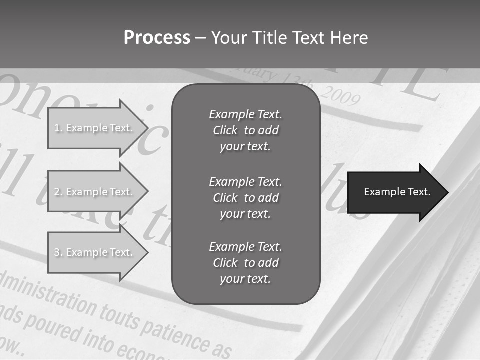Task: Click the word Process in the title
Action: pyautogui.click(x=157, y=38)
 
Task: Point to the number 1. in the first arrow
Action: pyautogui.click(x=59, y=128)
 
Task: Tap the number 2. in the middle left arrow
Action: pyautogui.click(x=59, y=192)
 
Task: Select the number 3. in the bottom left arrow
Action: pyautogui.click(x=59, y=252)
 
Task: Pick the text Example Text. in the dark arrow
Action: pyautogui.click(x=397, y=192)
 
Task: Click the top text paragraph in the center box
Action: pyautogui.click(x=245, y=130)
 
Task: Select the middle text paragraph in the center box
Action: pyautogui.click(x=245, y=198)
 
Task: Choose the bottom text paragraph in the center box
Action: pyautogui.click(x=245, y=263)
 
